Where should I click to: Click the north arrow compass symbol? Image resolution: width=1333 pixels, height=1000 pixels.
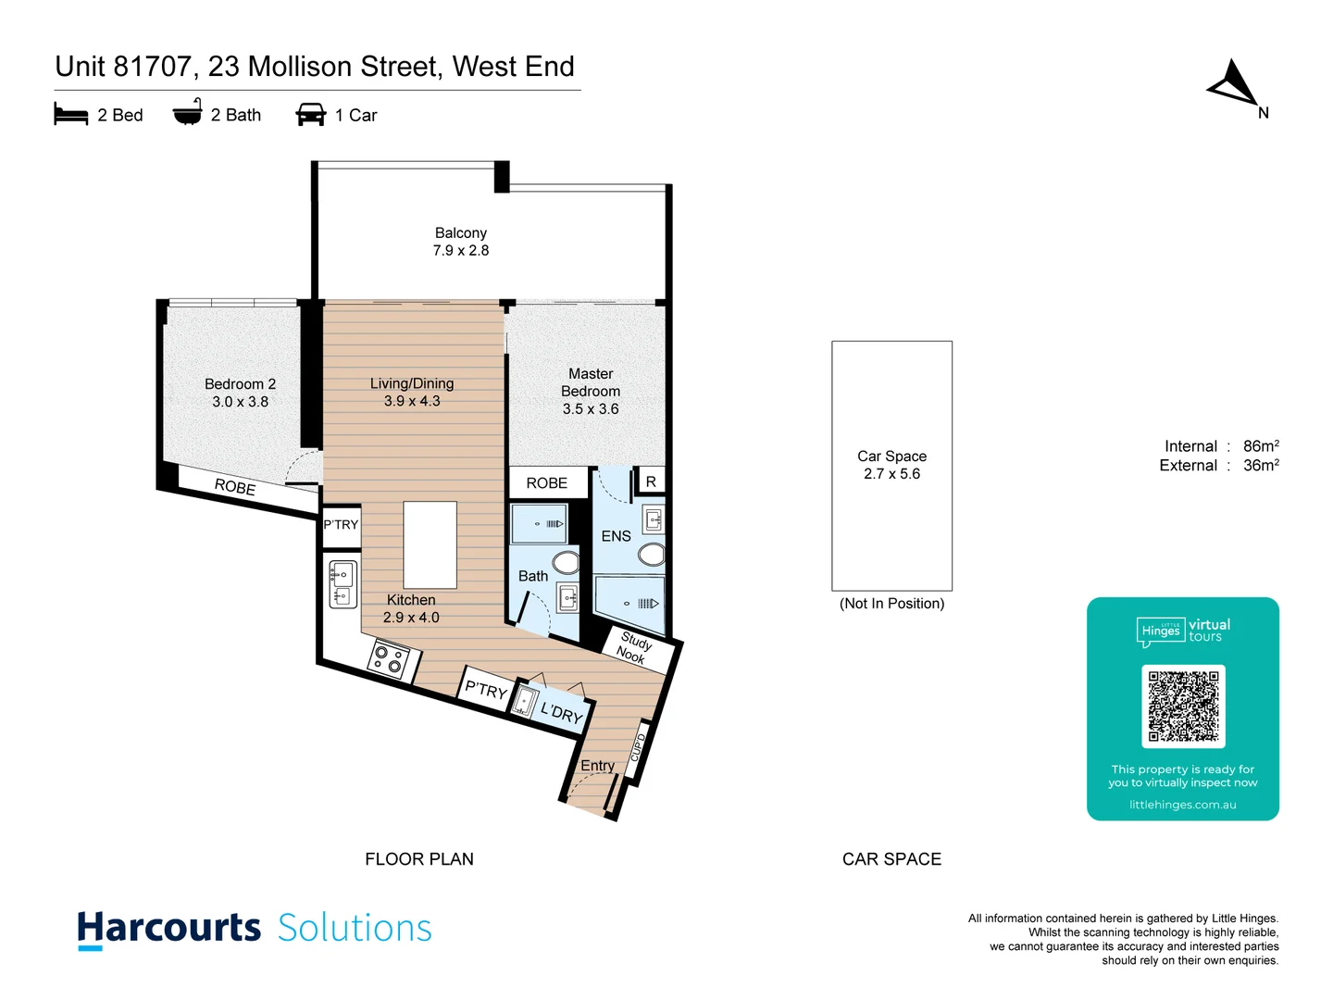point(1233,85)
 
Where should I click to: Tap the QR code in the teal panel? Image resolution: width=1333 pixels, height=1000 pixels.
point(1183,706)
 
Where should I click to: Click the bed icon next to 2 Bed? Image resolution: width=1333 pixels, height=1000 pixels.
point(71,115)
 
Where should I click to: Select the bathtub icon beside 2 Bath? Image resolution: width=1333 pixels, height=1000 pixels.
point(187,113)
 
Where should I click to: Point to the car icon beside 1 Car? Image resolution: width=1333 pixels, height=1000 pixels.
point(310,115)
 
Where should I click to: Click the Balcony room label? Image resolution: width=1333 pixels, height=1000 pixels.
point(460,233)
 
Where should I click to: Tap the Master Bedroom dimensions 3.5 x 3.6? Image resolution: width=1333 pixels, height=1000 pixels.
point(591,409)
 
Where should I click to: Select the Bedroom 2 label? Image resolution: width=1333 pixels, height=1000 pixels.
point(240,384)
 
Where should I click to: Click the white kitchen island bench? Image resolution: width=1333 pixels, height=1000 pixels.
point(430,544)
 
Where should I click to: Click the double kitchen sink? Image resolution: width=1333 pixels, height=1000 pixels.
point(343,584)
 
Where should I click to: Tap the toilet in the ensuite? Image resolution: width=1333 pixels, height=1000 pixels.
point(652,555)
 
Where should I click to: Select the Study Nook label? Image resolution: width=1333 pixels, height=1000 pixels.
point(634,646)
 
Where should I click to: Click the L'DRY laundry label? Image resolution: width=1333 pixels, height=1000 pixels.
point(561,712)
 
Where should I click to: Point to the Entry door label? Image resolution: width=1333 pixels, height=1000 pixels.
point(597,766)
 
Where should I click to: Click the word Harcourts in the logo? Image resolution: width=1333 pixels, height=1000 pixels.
point(169,928)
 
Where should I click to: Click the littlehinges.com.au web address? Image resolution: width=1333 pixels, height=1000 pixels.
point(1182,805)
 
